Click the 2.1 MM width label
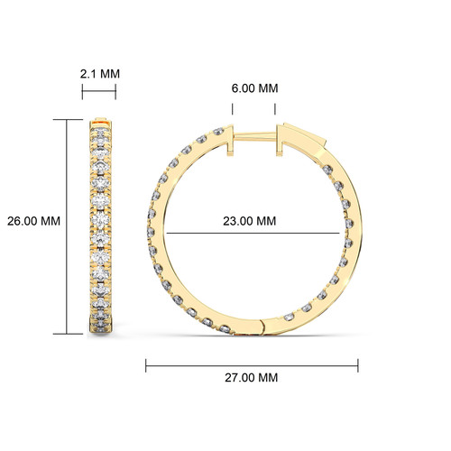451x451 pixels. [100, 74]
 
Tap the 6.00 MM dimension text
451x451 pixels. [254, 88]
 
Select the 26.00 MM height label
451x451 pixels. [33, 221]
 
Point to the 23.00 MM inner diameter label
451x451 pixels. [250, 221]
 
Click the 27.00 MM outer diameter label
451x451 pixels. [252, 378]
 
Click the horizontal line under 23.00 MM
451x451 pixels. [253, 233]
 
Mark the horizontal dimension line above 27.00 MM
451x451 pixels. [252, 366]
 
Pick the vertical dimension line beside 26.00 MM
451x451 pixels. [67, 226]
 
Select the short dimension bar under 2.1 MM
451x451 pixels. [99, 91]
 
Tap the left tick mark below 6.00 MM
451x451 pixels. [233, 109]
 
